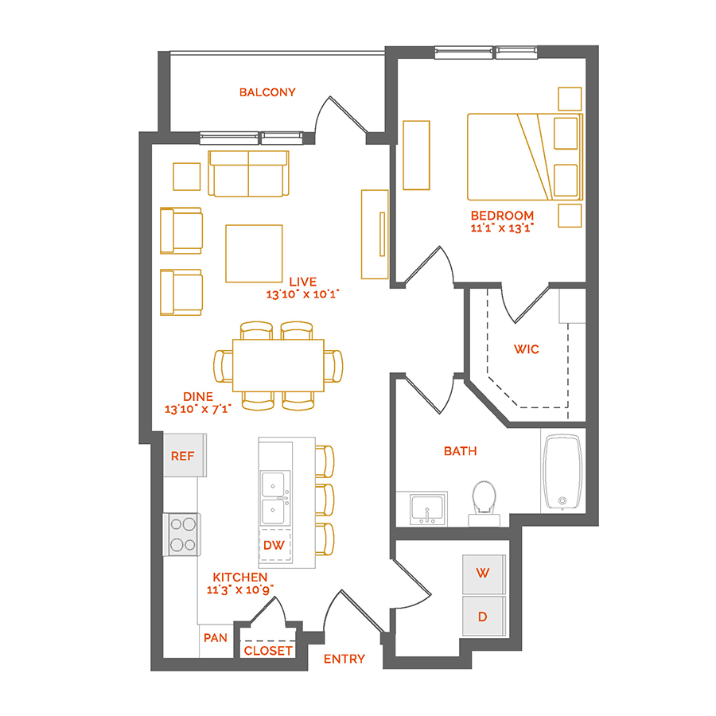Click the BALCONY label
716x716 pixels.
[x=267, y=92]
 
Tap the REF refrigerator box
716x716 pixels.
[x=185, y=455]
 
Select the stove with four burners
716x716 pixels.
[x=182, y=535]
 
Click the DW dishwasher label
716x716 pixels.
[x=274, y=545]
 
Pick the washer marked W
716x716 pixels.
[x=484, y=574]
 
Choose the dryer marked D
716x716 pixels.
[x=484, y=616]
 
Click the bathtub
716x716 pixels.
[x=562, y=472]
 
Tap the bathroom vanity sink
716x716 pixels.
[x=427, y=509]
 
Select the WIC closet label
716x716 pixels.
[x=527, y=349]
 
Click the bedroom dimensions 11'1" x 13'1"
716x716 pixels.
[x=502, y=228]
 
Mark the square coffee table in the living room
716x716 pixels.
[x=254, y=254]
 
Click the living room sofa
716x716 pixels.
[x=248, y=173]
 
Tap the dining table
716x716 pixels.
[x=278, y=365]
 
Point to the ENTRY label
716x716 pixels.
[x=344, y=659]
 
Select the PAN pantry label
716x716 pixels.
[x=216, y=638]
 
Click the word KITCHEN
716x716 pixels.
[x=240, y=578]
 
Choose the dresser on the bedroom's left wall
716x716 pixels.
[x=416, y=155]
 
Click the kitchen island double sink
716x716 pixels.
[x=275, y=498]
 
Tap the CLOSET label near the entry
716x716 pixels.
[x=268, y=651]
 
